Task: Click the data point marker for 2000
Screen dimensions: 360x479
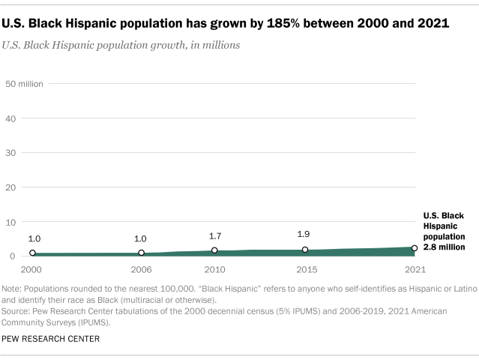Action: coord(32,253)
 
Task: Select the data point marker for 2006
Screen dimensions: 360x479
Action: coord(141,253)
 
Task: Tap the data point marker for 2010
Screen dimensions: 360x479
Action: coord(214,250)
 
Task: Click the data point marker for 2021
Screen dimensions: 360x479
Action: coord(414,247)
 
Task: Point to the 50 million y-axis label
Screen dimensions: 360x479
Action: coord(25,83)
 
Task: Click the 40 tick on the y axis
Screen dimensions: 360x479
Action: coord(11,118)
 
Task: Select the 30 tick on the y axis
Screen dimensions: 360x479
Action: coord(11,153)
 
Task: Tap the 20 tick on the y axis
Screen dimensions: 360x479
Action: coord(11,187)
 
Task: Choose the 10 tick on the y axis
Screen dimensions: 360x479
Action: coord(11,222)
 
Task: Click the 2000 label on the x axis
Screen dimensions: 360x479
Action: coord(32,268)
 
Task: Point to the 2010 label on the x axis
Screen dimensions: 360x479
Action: coord(214,268)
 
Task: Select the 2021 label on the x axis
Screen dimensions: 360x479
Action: coord(414,268)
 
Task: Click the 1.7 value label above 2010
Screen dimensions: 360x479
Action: coord(214,236)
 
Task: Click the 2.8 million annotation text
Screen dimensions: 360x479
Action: coord(445,246)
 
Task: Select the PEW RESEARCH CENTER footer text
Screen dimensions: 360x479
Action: coord(51,339)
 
